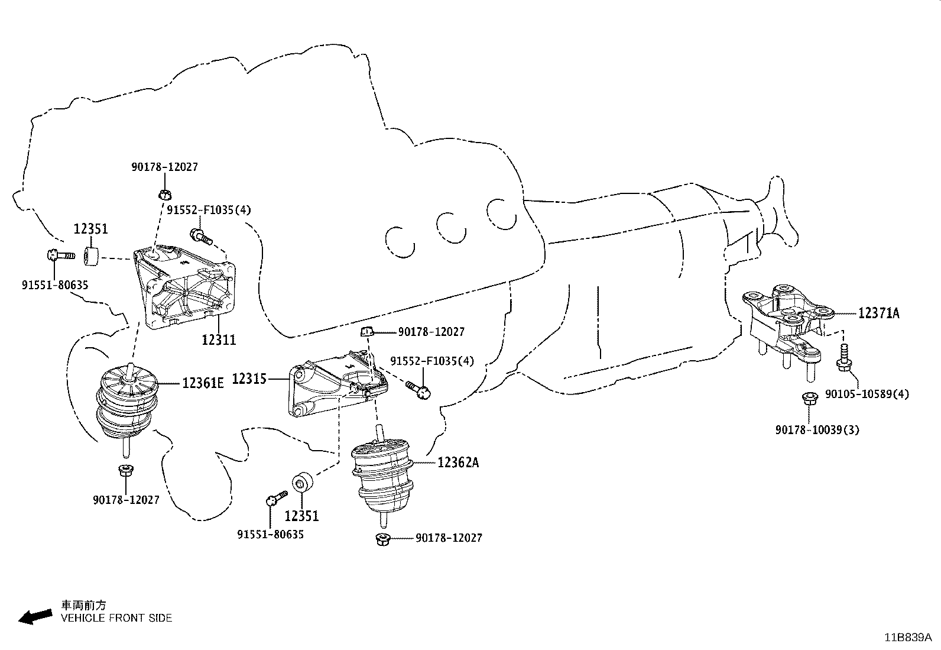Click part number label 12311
[218, 339]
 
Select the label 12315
[249, 379]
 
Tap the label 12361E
[203, 383]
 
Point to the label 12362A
[458, 463]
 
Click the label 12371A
[878, 313]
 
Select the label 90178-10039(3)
[817, 429]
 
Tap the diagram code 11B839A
[908, 637]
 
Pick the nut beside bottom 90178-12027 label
[382, 538]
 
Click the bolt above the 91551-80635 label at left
[59, 256]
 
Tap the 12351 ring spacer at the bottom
[301, 481]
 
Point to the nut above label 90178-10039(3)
[809, 399]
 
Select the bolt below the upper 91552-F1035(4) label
[201, 237]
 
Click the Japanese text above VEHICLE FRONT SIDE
[85, 605]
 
